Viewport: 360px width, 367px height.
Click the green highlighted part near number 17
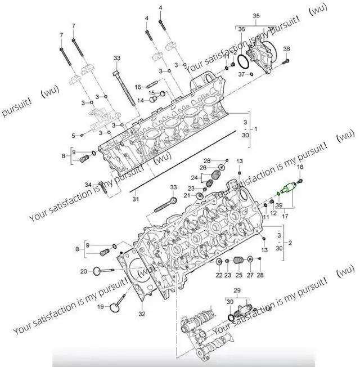289,188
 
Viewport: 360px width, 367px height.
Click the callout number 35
256,16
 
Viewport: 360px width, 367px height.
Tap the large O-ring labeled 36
243,62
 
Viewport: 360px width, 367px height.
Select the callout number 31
136,199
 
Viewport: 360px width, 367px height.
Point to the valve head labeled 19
115,307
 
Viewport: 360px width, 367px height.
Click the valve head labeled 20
97,271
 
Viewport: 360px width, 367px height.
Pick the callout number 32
142,314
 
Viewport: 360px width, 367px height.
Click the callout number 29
237,290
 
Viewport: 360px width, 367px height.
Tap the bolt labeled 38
286,61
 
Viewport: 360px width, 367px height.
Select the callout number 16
138,87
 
